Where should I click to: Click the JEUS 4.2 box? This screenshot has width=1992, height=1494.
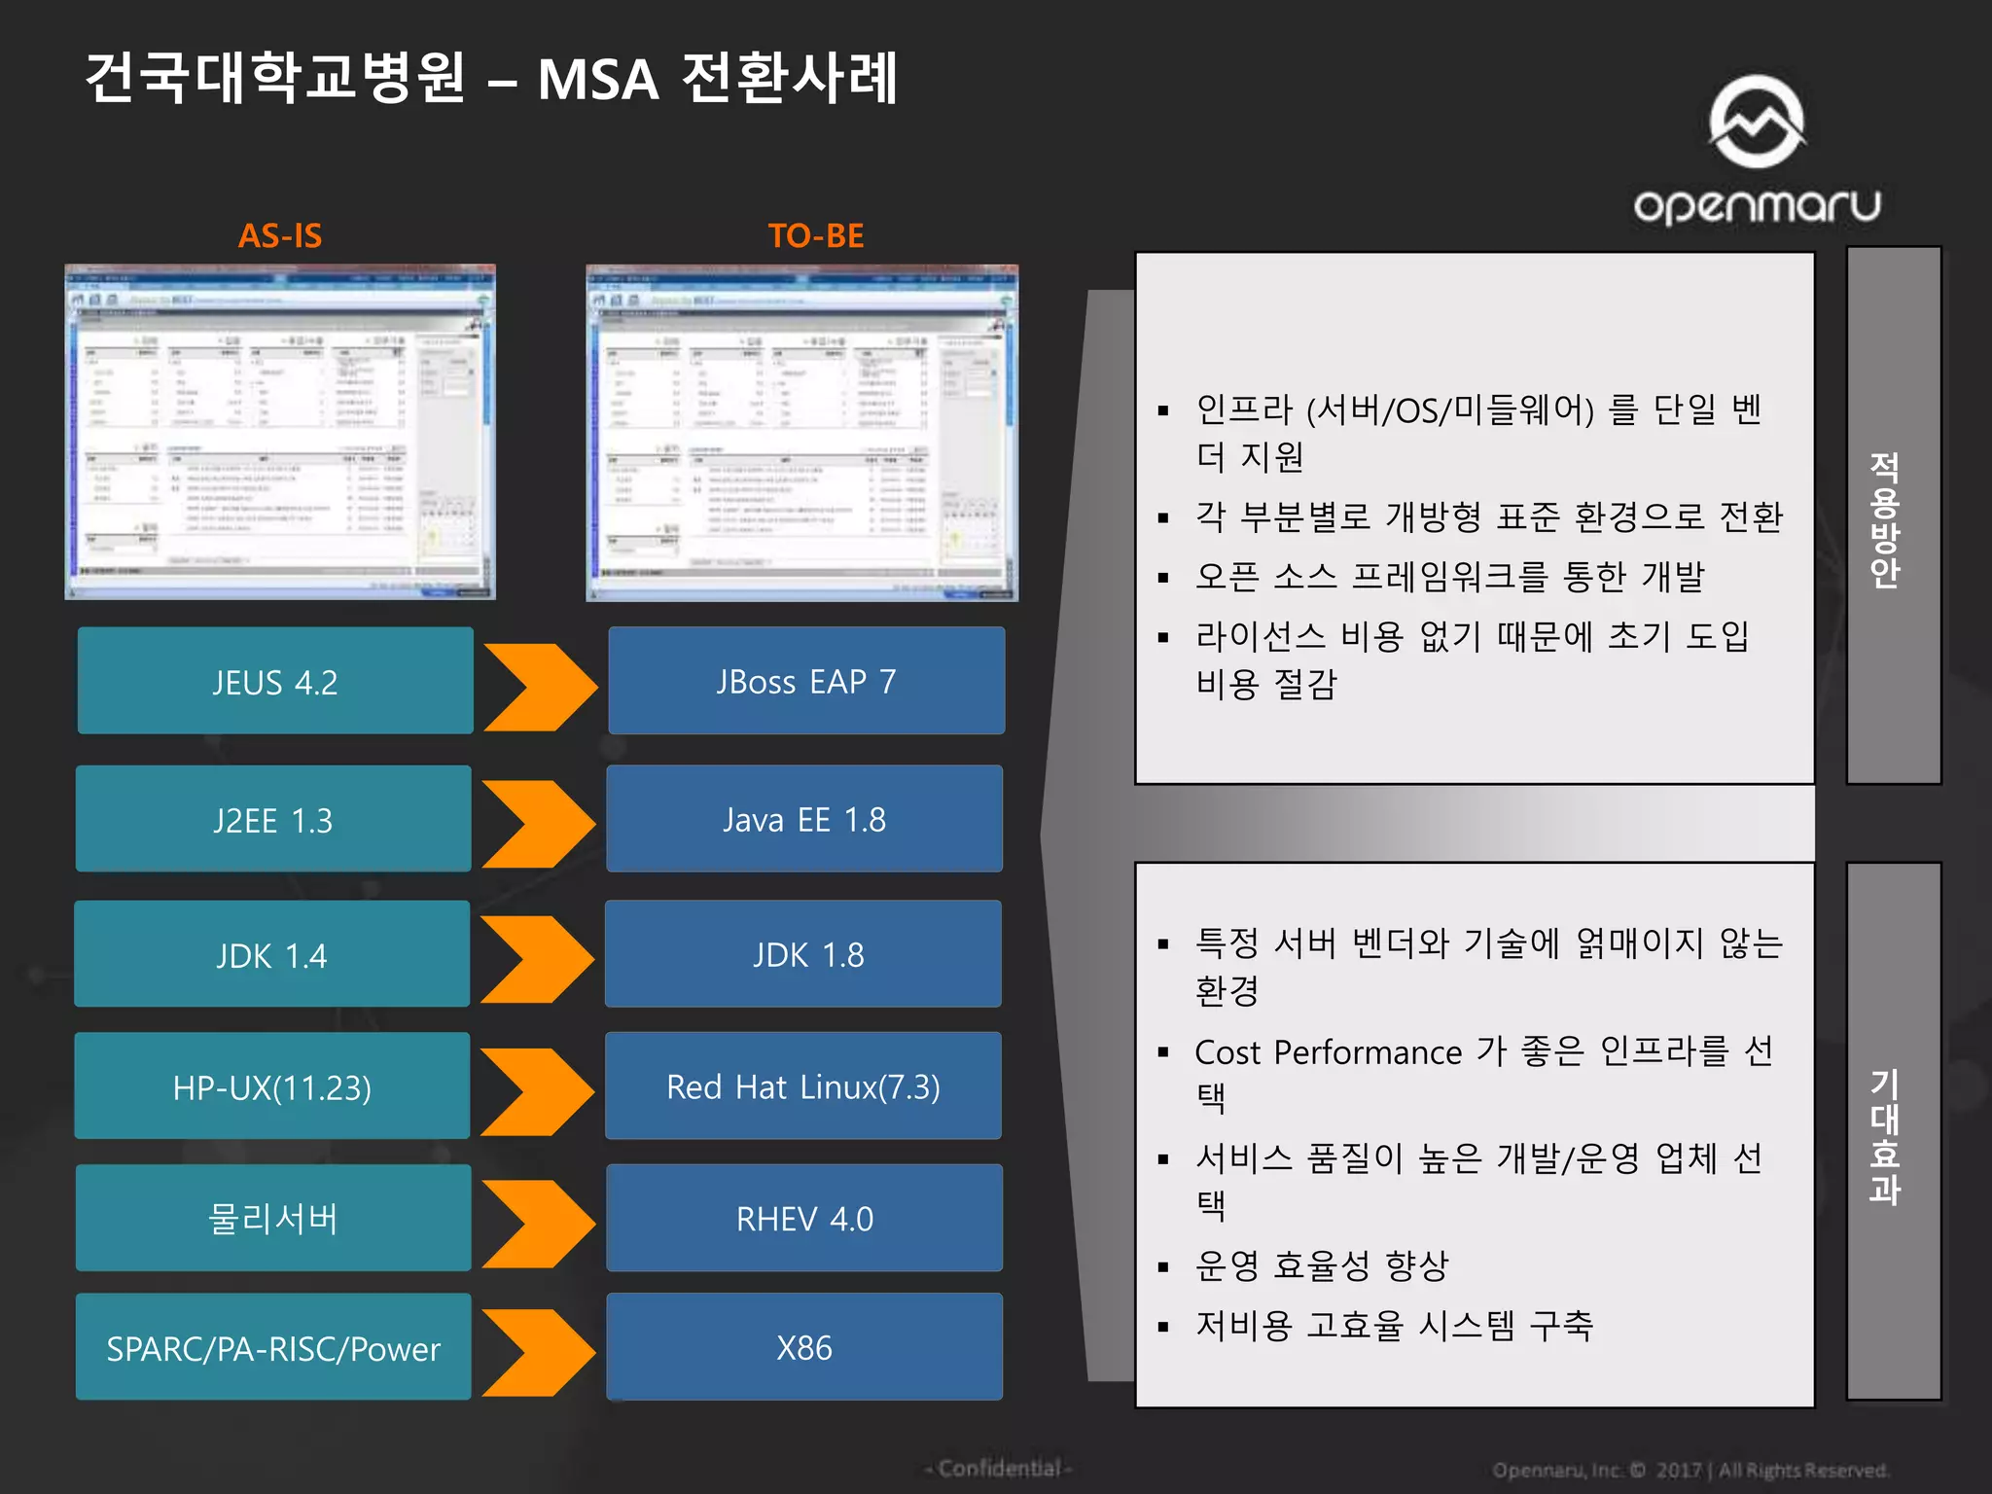pyautogui.click(x=275, y=681)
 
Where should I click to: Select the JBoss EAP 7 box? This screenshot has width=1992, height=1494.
pyautogui.click(x=806, y=681)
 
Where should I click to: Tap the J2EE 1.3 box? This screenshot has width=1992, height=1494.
pyautogui.click(x=273, y=819)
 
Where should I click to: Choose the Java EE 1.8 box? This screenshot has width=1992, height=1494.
pyautogui.click(x=804, y=819)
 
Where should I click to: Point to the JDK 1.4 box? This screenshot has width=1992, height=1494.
pyautogui.click(x=272, y=954)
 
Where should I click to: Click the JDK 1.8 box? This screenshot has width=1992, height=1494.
pyautogui.click(x=803, y=954)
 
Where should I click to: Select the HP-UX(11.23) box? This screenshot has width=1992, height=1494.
pyautogui.click(x=272, y=1086)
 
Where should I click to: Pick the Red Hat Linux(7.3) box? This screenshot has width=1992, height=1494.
pyautogui.click(x=803, y=1086)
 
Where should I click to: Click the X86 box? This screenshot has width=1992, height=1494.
pyautogui.click(x=804, y=1347)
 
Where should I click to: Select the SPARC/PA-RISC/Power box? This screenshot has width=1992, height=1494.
pyautogui.click(x=273, y=1347)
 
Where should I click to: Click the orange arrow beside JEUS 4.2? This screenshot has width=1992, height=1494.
pyautogui.click(x=540, y=687)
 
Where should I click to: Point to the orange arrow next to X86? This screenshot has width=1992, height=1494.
pyautogui.click(x=538, y=1352)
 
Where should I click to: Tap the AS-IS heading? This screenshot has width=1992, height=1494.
pyautogui.click(x=280, y=235)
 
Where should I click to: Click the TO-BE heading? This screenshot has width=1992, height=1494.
pyautogui.click(x=816, y=235)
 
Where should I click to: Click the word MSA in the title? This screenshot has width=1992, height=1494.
pyautogui.click(x=598, y=80)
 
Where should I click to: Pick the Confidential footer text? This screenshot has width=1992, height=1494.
pyautogui.click(x=999, y=1468)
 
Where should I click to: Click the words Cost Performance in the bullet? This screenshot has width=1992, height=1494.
pyautogui.click(x=1328, y=1052)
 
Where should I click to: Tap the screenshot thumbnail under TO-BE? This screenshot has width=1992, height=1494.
pyautogui.click(x=802, y=433)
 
